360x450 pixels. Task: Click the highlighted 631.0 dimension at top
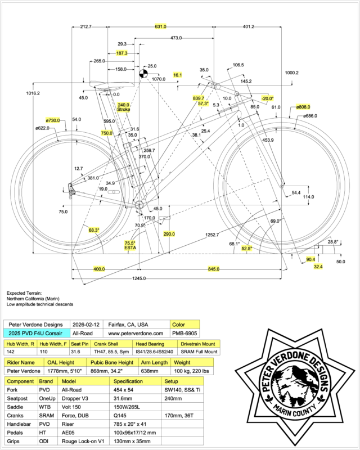(x=161, y=26)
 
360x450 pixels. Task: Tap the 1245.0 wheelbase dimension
(x=139, y=278)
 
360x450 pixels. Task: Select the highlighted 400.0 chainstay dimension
(x=99, y=269)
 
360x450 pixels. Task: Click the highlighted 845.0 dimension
(x=213, y=269)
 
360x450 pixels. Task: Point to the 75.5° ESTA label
(x=130, y=245)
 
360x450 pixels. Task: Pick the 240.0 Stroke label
(x=123, y=107)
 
